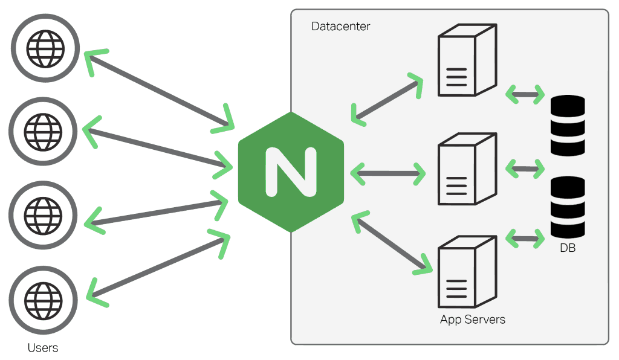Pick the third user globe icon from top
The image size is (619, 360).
pos(44,214)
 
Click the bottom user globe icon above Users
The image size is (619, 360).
pos(44,298)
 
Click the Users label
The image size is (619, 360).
pos(43,348)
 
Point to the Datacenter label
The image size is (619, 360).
pos(340,27)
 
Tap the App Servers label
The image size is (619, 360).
pos(472,320)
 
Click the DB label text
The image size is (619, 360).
pos(567,248)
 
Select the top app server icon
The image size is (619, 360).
pos(466,60)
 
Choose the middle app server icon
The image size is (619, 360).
pos(466,170)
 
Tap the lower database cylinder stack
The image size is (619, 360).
pos(568,207)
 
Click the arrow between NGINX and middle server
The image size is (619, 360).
pos(387,174)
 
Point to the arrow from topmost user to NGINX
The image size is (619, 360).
pos(160,91)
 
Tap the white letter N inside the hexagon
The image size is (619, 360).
pos(291,172)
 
